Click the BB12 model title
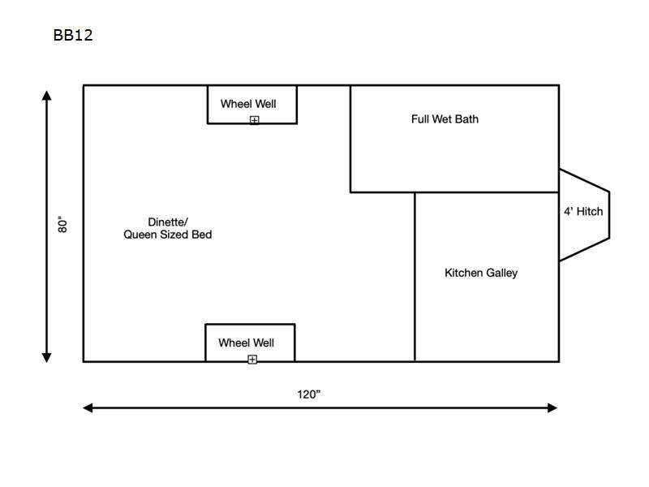click(x=73, y=35)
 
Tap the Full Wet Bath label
click(x=445, y=119)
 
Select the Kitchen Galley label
click(x=481, y=273)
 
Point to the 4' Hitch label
click(x=583, y=212)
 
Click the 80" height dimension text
click(x=62, y=225)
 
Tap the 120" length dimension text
click(x=309, y=394)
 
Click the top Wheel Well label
click(x=248, y=104)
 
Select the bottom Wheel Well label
click(x=247, y=343)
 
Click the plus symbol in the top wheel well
click(x=255, y=120)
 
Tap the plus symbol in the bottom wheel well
click(x=252, y=360)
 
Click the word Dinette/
click(x=168, y=222)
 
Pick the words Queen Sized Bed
click(x=168, y=235)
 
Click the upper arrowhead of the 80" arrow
click(x=47, y=96)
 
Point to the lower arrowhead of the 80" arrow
click(x=47, y=358)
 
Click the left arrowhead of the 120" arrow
click(x=88, y=408)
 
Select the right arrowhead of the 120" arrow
click(x=552, y=408)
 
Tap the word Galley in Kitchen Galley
click(x=501, y=274)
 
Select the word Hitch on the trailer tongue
click(x=590, y=212)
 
